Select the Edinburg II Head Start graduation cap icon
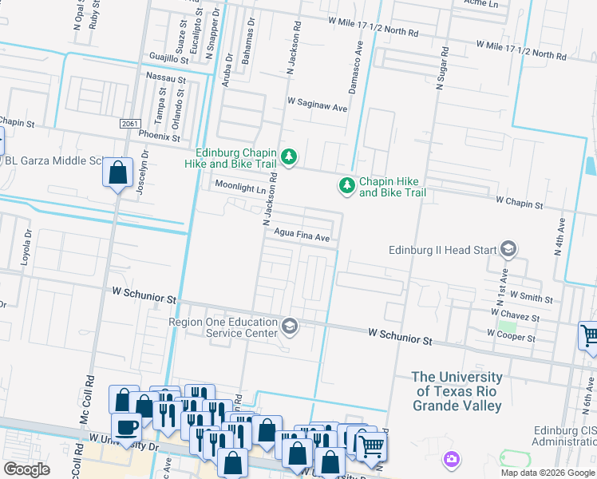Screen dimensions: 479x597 [508, 250]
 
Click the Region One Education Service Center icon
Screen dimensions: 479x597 [290, 326]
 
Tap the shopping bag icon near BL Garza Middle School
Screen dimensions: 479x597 [117, 172]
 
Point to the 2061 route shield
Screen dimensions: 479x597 [131, 124]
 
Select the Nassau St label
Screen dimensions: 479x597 [166, 78]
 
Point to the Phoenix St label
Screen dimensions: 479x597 [160, 136]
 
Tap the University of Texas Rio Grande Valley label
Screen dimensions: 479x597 [457, 391]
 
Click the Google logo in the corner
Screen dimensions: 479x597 [26, 469]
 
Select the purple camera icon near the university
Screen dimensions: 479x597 [452, 459]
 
